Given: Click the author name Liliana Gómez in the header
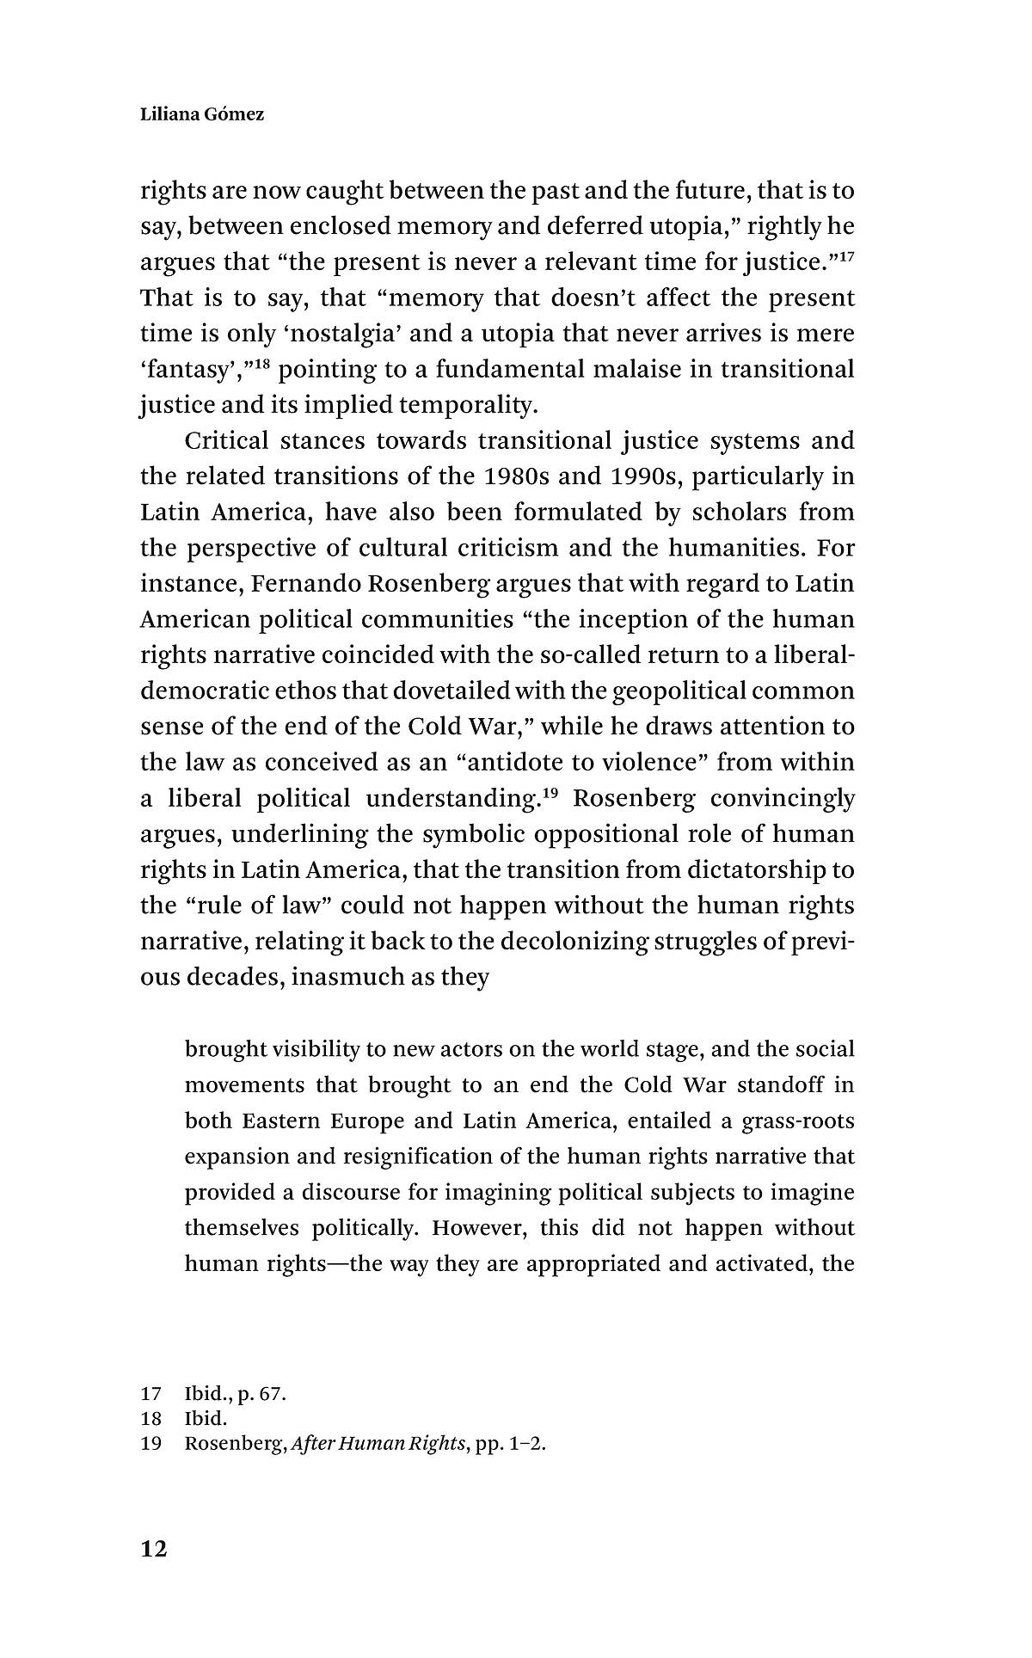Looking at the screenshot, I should coord(202,114).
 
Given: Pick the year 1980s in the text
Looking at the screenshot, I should coord(516,476).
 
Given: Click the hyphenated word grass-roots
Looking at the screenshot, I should coord(799,1121).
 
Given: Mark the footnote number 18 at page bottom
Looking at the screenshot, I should coord(151,1419).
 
